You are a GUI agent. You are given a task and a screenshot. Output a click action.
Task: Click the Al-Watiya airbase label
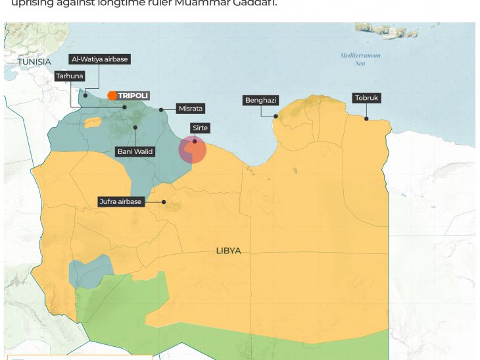pos(99,59)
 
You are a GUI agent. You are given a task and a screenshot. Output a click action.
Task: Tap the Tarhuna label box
pos(70,76)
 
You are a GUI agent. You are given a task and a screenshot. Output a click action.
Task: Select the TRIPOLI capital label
pos(133,95)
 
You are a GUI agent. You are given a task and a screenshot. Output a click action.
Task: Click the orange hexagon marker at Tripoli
pos(112,95)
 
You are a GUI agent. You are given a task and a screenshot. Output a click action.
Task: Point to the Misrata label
pos(191,108)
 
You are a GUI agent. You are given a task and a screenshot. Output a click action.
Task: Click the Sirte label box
pos(200,128)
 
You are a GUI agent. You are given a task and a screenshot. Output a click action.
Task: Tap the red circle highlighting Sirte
pos(193,149)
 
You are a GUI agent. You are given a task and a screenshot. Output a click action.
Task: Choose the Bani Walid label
pos(135,151)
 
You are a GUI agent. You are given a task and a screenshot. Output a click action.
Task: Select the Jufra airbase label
pos(120,201)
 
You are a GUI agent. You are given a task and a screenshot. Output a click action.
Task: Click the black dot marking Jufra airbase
pos(164,202)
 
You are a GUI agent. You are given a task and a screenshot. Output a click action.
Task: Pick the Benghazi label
pos(261,100)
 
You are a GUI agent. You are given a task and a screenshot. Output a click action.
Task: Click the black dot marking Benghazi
pos(276,116)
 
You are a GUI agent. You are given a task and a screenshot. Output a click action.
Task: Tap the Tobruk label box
pos(367,98)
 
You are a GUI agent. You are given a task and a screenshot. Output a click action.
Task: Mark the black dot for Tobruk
pos(366,118)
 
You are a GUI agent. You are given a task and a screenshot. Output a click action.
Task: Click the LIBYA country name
pos(228,251)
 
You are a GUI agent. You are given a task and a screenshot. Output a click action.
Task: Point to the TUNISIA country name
pos(34,61)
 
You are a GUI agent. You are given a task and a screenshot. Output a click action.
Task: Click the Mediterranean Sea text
pos(360,59)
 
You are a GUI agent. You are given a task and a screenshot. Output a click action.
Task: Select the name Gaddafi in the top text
pos(256,3)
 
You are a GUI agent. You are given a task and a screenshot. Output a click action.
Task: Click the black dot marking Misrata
pos(161,110)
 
